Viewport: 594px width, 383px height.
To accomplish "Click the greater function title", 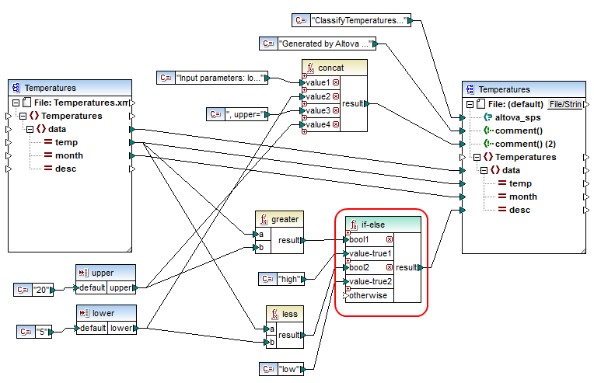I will [x=285, y=219].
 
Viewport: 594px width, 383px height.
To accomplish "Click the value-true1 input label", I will [x=369, y=253].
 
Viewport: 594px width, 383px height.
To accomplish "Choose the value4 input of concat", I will [x=317, y=124].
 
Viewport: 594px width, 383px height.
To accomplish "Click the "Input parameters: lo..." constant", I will [x=222, y=78].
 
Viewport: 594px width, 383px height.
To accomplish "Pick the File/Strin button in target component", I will [x=564, y=103].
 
